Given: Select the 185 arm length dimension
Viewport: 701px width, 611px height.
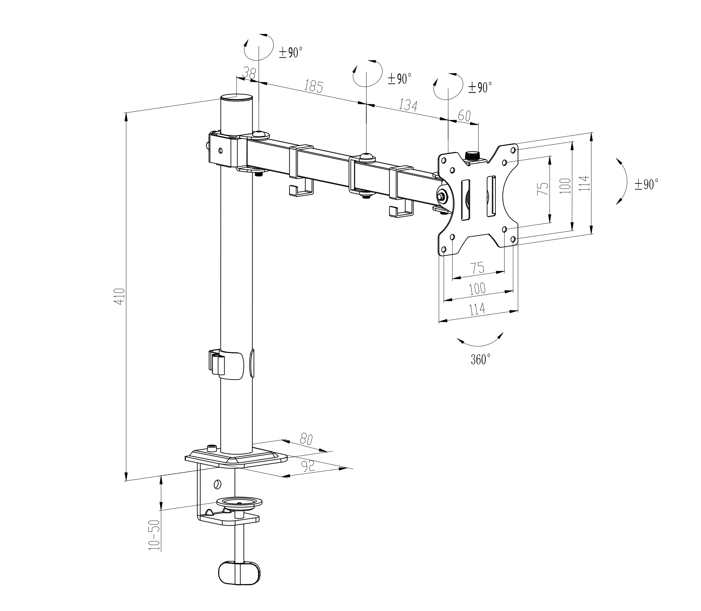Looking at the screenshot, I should pyautogui.click(x=314, y=87).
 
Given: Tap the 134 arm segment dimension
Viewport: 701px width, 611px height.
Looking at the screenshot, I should pyautogui.click(x=408, y=105).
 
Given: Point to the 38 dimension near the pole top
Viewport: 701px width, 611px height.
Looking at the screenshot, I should pyautogui.click(x=250, y=73).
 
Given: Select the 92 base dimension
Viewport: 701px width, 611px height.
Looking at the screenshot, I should pyautogui.click(x=308, y=465).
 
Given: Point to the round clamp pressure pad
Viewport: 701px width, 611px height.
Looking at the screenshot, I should pyautogui.click(x=240, y=502).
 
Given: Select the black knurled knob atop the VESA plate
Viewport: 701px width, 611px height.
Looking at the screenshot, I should pyautogui.click(x=472, y=156).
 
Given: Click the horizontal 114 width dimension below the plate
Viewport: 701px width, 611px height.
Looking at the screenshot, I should pyautogui.click(x=477, y=309).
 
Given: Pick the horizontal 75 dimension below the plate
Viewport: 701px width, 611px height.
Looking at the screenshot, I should pyautogui.click(x=477, y=267).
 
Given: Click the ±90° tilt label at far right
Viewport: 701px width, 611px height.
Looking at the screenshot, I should pyautogui.click(x=646, y=184).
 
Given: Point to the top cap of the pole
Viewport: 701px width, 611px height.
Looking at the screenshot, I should pyautogui.click(x=237, y=98).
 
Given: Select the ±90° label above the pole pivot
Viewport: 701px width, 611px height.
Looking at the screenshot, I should pyautogui.click(x=291, y=53).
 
